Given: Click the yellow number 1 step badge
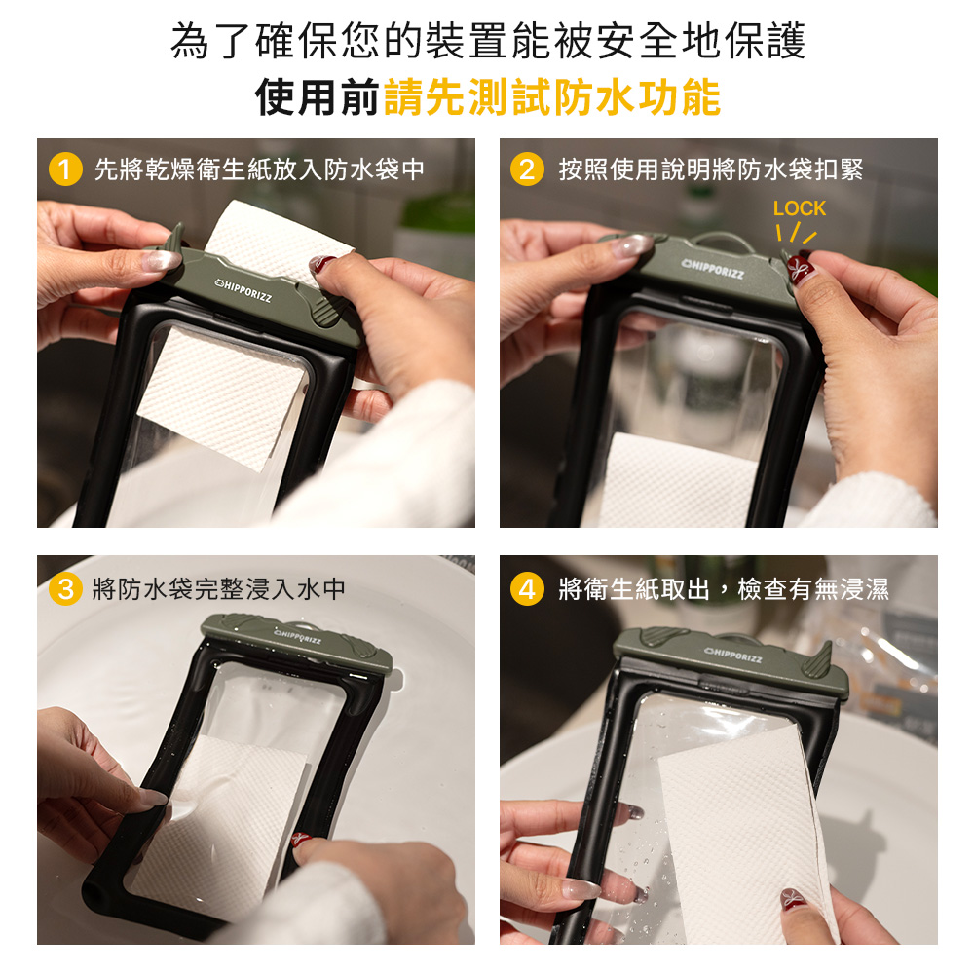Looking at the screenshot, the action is click(x=65, y=169).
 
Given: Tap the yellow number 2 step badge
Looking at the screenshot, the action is click(x=527, y=169).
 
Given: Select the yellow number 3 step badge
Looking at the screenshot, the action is click(x=65, y=589).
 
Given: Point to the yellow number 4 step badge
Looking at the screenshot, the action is click(x=527, y=589).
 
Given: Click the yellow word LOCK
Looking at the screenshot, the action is click(x=800, y=208).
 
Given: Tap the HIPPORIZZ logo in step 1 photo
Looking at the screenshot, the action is click(x=243, y=290).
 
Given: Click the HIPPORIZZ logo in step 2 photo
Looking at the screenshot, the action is click(x=713, y=270).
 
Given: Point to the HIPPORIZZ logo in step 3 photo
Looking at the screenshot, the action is click(x=298, y=636).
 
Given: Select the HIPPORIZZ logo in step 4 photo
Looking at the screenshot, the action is click(x=733, y=655).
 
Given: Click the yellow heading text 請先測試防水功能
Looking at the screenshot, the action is click(x=552, y=96).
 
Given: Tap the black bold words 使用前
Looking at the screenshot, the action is click(x=318, y=96).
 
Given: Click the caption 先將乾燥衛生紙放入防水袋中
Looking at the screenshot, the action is click(x=259, y=169).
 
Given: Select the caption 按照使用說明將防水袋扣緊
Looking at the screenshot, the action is click(x=711, y=169).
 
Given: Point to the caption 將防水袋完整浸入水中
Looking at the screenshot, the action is click(x=218, y=589).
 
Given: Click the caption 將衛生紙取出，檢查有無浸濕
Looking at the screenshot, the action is click(x=724, y=589).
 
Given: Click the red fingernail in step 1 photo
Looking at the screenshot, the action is click(x=321, y=264).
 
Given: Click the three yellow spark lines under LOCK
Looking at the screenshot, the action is click(x=797, y=234).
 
